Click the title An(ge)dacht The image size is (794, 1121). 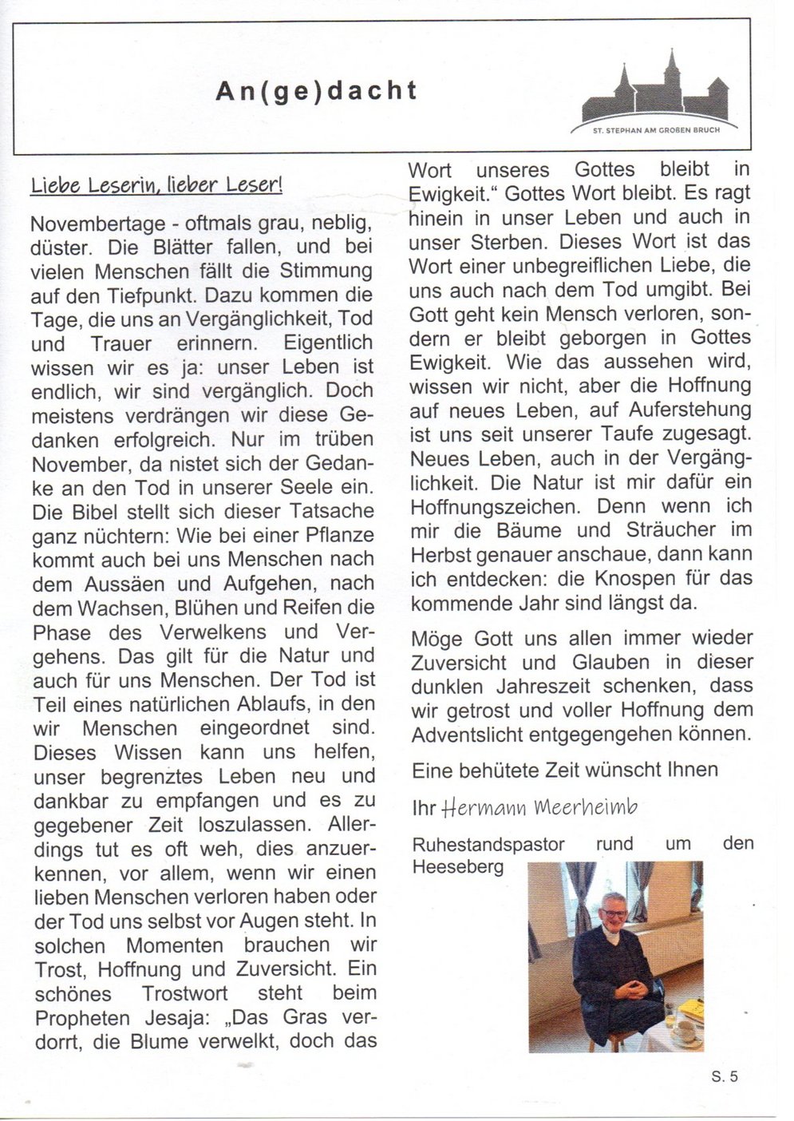(317, 91)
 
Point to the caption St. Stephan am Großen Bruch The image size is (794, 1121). (653, 129)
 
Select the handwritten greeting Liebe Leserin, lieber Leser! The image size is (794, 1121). (156, 186)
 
